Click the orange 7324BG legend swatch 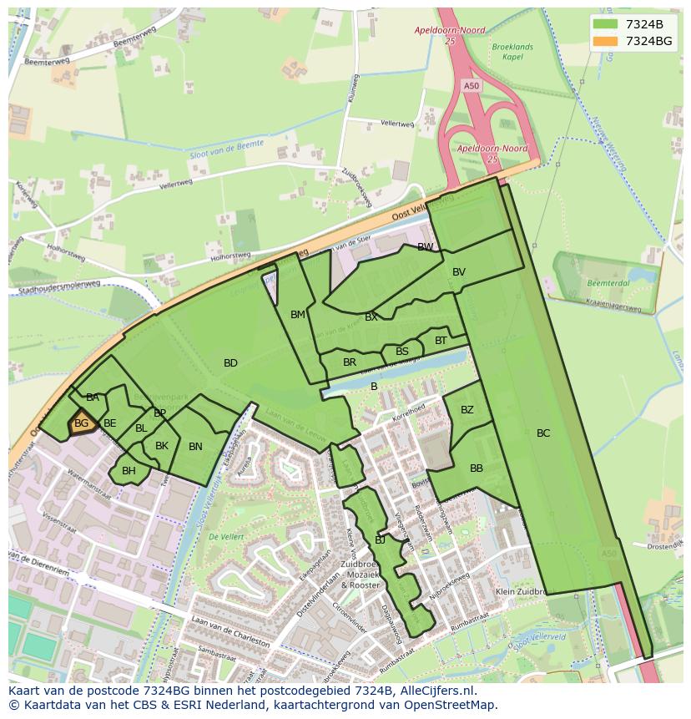(606, 41)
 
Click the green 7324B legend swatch (606, 23)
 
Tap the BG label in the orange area (81, 423)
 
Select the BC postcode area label (543, 433)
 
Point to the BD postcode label (230, 362)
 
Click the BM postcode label (298, 315)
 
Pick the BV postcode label (459, 272)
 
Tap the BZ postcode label (467, 409)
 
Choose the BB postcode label (477, 468)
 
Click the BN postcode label (195, 447)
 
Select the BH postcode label (129, 471)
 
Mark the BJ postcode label (380, 540)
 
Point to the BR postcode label (350, 362)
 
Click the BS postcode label (402, 352)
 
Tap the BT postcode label (441, 340)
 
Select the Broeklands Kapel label (512, 52)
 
